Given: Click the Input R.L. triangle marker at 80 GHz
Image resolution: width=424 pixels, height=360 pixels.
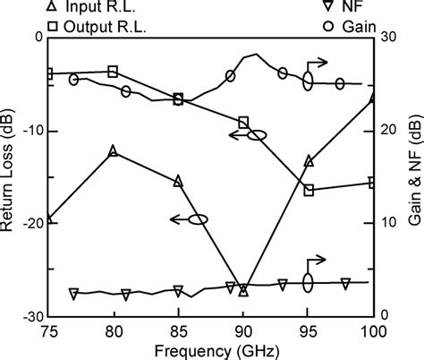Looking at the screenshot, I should [113, 150].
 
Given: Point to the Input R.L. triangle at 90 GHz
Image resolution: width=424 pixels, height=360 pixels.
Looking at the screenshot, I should [243, 291].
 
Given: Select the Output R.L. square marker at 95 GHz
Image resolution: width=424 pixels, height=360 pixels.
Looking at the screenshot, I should [309, 191].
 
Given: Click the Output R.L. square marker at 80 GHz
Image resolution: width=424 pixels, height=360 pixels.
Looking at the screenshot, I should [113, 72].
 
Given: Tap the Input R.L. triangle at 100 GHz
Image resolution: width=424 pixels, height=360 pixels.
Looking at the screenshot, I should [373, 96].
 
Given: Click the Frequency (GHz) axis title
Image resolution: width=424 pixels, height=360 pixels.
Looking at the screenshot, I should [211, 350].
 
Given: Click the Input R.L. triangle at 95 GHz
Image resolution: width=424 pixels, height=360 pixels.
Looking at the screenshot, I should [309, 161].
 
